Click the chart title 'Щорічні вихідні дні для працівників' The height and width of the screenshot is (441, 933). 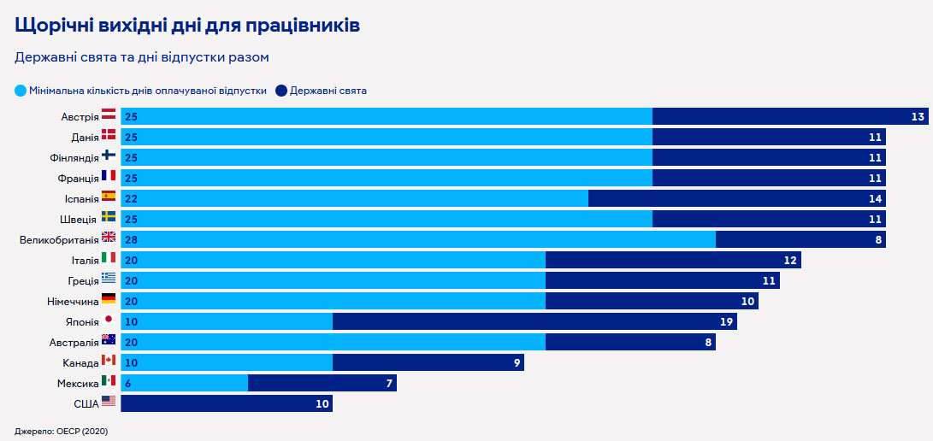187,26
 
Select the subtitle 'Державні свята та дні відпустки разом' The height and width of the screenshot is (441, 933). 142,57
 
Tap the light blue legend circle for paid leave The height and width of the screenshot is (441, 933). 21,90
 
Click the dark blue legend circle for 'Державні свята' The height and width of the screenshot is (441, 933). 280,90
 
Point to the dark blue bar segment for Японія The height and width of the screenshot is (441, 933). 534,321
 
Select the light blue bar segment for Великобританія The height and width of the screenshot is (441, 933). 418,239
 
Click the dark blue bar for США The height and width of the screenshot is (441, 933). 227,403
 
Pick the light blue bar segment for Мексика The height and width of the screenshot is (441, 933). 184,383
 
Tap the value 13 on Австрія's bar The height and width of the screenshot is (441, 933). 918,116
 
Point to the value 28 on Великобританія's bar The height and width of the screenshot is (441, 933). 131,239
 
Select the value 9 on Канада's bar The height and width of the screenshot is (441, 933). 517,362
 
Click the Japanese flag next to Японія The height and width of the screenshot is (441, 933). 109,320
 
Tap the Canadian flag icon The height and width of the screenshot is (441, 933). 109,361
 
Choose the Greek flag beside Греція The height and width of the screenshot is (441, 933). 109,279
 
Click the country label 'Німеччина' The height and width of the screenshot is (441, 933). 73,301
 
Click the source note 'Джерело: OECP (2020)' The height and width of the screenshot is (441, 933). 61,431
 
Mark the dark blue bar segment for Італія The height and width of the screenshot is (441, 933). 673,260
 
